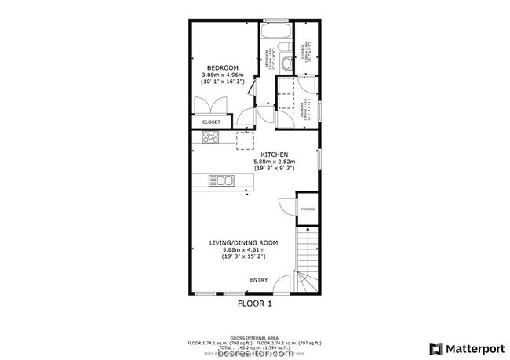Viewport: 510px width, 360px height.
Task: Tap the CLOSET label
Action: [211, 123]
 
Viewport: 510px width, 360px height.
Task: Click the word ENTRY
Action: [258, 280]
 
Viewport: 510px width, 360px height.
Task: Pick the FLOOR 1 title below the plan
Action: [254, 303]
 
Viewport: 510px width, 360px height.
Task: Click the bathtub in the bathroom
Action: [277, 34]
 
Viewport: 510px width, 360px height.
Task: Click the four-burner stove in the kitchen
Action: [212, 138]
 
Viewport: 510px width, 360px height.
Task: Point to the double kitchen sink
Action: [221, 182]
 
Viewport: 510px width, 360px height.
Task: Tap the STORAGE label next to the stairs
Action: [306, 209]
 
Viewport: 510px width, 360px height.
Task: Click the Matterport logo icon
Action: [434, 347]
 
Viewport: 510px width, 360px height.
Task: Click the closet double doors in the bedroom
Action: [211, 106]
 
